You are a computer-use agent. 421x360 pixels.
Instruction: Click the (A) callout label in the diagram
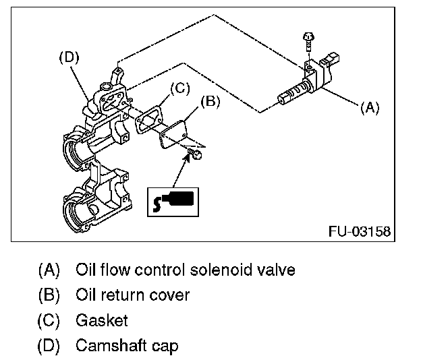370,107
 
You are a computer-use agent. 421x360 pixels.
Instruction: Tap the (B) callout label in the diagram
210,102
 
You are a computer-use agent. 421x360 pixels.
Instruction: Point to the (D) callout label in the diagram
69,58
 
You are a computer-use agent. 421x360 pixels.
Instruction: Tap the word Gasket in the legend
101,320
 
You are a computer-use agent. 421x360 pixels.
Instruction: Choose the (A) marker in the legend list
49,270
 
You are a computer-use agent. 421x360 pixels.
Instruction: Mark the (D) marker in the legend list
49,346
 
